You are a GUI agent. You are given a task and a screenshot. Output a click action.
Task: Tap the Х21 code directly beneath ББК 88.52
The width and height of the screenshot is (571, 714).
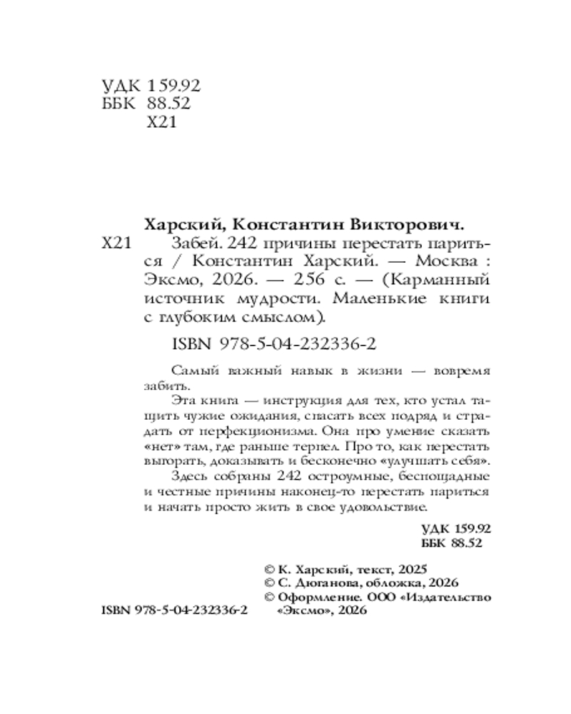tap(160, 123)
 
